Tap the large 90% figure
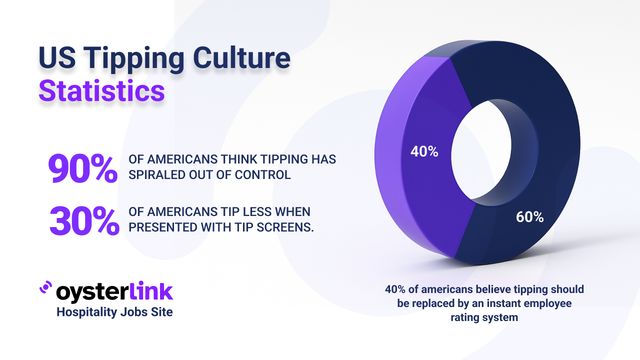pyautogui.click(x=82, y=169)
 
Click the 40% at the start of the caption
pyautogui.click(x=398, y=289)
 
